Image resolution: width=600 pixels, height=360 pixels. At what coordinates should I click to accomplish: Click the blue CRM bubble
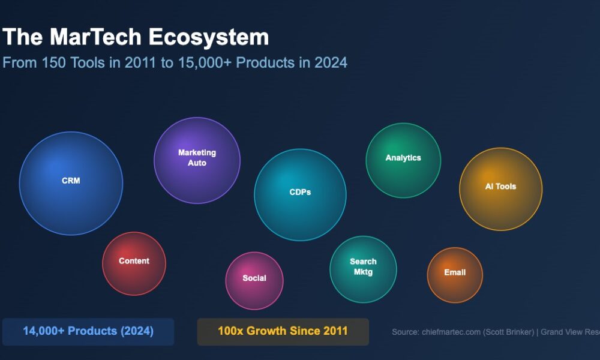coord(71,183)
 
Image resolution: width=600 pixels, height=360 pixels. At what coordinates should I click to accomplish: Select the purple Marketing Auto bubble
coord(197,160)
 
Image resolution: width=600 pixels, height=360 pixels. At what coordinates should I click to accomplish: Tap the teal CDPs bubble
coord(300,194)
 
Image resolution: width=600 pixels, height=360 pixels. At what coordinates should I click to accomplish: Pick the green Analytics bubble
coord(403,160)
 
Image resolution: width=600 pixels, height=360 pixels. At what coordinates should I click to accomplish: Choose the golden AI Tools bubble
coord(500,188)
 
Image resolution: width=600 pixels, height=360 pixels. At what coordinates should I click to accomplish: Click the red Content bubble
coord(134,263)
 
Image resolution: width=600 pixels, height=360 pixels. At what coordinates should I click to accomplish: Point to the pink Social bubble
coord(254,280)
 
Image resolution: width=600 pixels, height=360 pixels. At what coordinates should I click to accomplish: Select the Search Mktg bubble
coord(363,269)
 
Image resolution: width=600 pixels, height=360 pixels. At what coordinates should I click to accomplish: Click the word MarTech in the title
coord(96,37)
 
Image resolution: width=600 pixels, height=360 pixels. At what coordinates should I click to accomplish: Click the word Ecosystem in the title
coord(209,37)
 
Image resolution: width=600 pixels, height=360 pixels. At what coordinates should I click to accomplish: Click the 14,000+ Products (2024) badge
coord(88,331)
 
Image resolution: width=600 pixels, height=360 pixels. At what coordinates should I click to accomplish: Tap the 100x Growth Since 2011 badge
coord(283,331)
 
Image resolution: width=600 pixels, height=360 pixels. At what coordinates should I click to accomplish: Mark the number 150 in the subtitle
coord(52,62)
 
